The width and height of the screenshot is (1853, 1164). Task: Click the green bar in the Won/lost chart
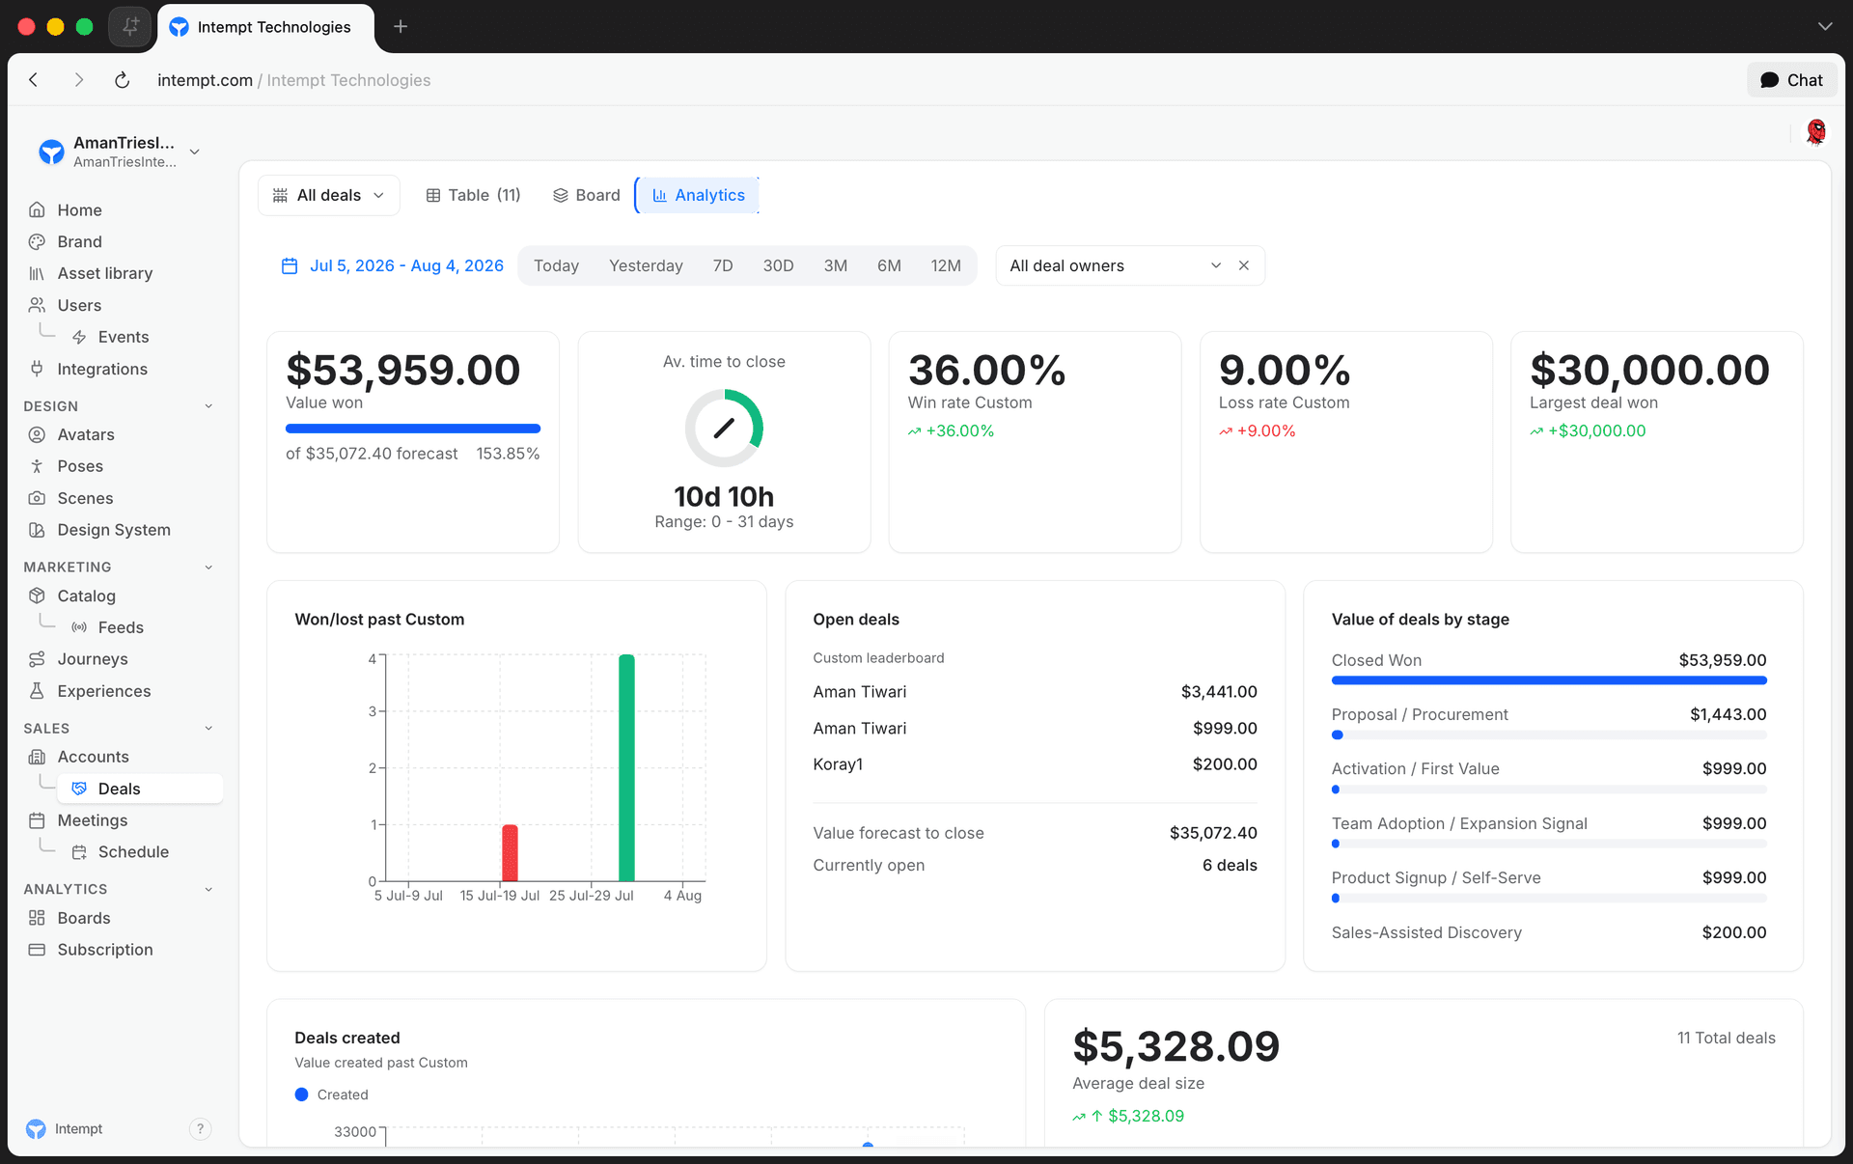[x=626, y=767]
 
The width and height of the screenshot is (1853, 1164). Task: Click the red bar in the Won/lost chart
[x=510, y=853]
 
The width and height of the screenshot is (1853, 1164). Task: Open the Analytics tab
[x=698, y=195]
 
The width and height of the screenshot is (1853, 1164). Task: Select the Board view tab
[x=586, y=195]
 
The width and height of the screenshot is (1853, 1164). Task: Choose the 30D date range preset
[x=778, y=265]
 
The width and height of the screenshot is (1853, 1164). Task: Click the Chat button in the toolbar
[x=1791, y=80]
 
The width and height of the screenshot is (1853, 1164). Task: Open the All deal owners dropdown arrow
[x=1216, y=265]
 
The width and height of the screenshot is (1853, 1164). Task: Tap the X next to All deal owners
[x=1244, y=265]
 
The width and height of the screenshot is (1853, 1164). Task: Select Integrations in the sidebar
[x=102, y=369]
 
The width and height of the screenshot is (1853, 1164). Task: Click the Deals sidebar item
[x=120, y=789]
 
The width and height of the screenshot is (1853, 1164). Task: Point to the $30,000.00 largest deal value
[x=1649, y=371]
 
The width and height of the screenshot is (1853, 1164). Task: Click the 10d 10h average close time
[x=724, y=496]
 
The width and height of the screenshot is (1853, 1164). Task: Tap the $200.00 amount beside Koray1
[x=1225, y=764]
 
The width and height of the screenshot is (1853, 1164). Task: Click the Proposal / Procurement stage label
[x=1419, y=714]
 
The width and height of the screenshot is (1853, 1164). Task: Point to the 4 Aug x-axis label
[x=682, y=896]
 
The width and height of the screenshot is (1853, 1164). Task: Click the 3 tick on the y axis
[x=372, y=711]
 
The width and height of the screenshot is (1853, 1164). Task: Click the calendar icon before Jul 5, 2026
[x=290, y=265]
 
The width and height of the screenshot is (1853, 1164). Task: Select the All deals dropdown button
[x=328, y=195]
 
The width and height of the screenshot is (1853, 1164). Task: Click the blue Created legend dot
[x=301, y=1095]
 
